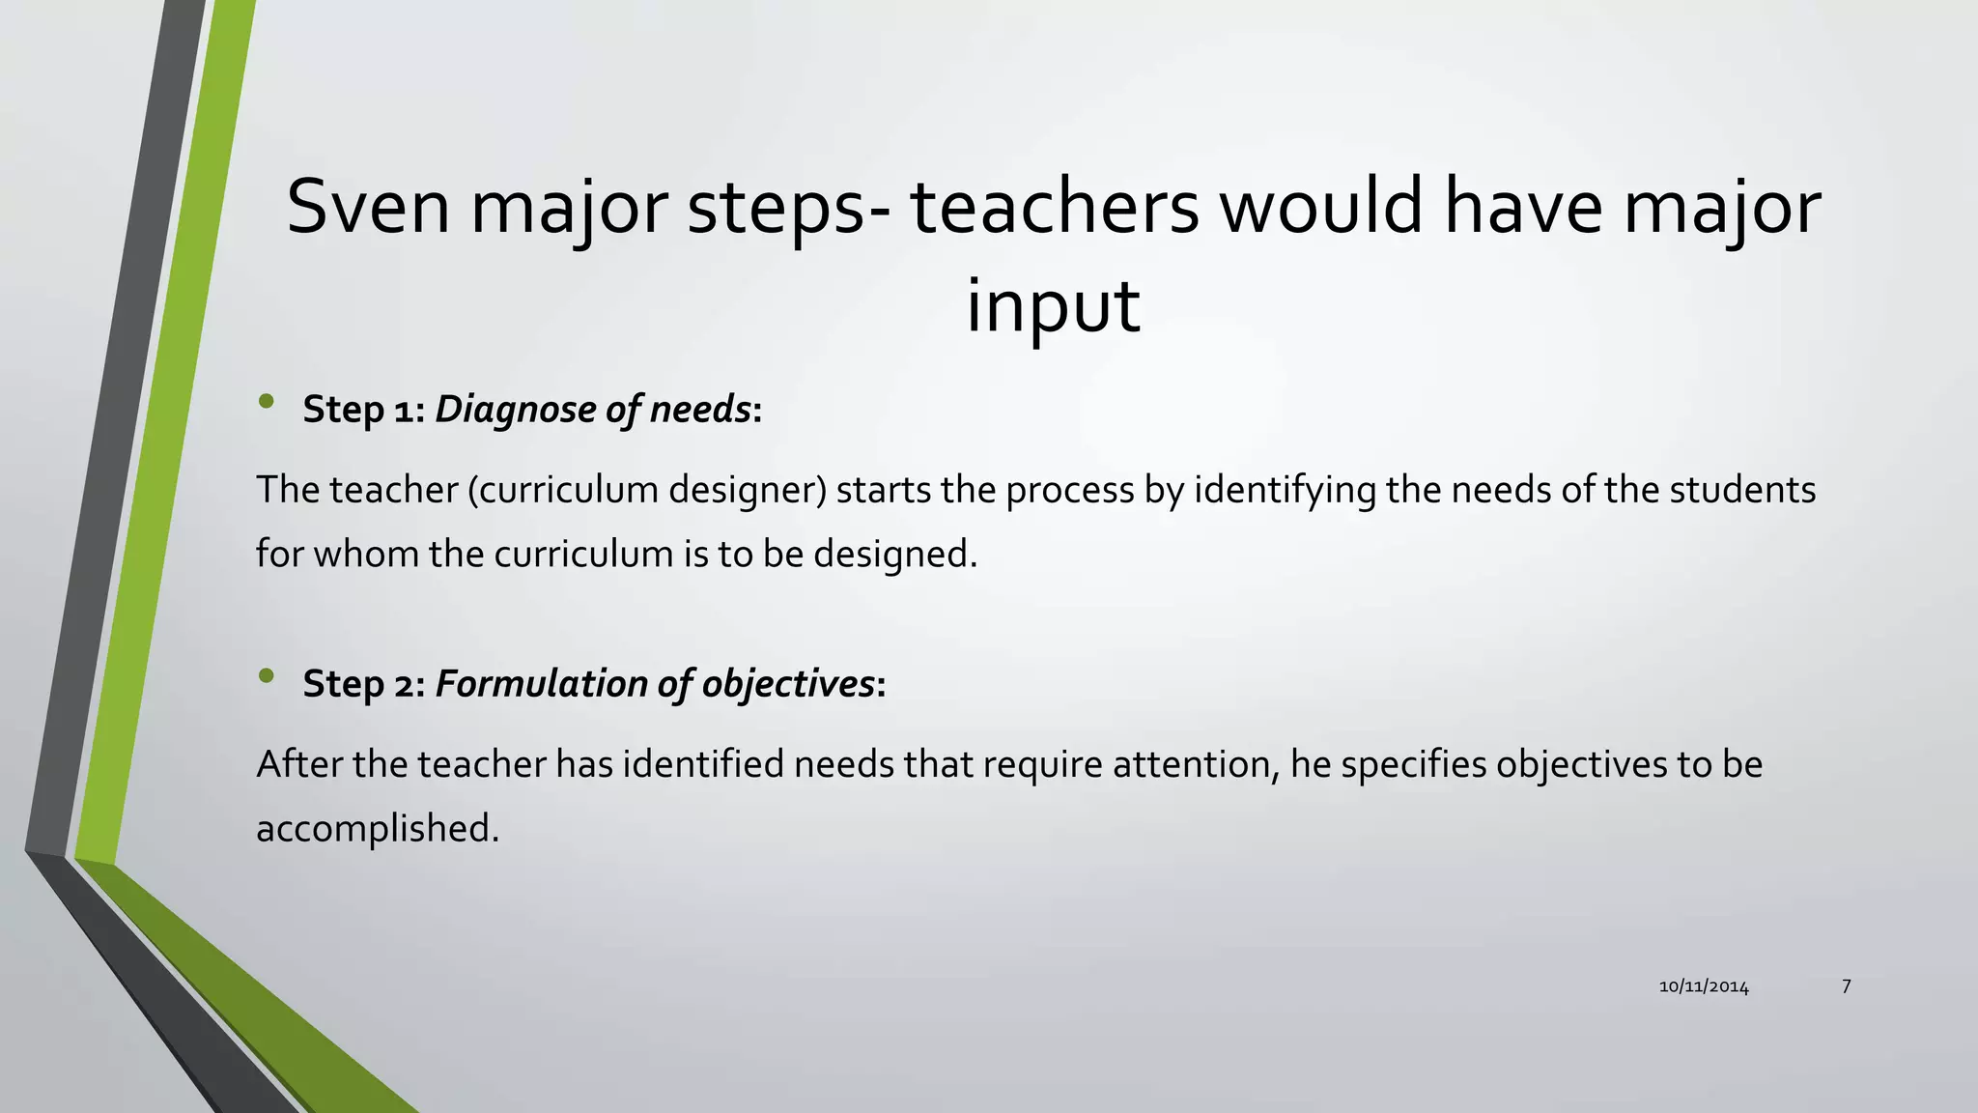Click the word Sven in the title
pos(368,207)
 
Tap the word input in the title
pos(1053,305)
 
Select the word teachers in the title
pos(1054,207)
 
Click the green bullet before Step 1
pos(267,402)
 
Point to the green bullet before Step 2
pos(267,676)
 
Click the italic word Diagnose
pos(516,410)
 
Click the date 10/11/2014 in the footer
pos(1704,986)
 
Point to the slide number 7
pos(1846,986)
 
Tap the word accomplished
pos(377,828)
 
